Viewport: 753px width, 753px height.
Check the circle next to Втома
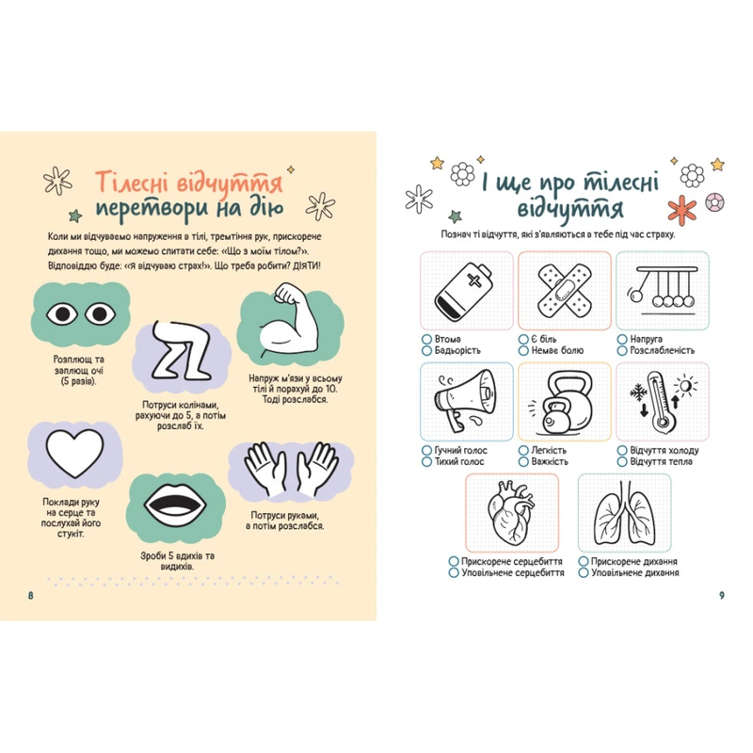click(426, 339)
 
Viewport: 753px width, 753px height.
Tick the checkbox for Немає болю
click(523, 350)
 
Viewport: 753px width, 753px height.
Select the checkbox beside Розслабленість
click(622, 350)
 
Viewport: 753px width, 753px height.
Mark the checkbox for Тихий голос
click(426, 461)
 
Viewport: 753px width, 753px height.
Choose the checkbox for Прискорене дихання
click(584, 561)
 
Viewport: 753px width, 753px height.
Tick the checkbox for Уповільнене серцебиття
click(454, 572)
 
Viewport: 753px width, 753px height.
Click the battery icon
click(463, 293)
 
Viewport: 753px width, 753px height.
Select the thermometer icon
click(663, 402)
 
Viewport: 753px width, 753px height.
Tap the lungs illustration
click(624, 513)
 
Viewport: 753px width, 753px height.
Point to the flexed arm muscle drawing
click(290, 320)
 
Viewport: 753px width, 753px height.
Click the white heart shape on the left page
click(74, 453)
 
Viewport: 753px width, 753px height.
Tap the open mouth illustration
click(175, 507)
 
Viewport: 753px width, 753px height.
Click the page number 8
click(31, 596)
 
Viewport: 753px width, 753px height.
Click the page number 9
click(721, 596)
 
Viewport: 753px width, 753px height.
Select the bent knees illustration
click(182, 351)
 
